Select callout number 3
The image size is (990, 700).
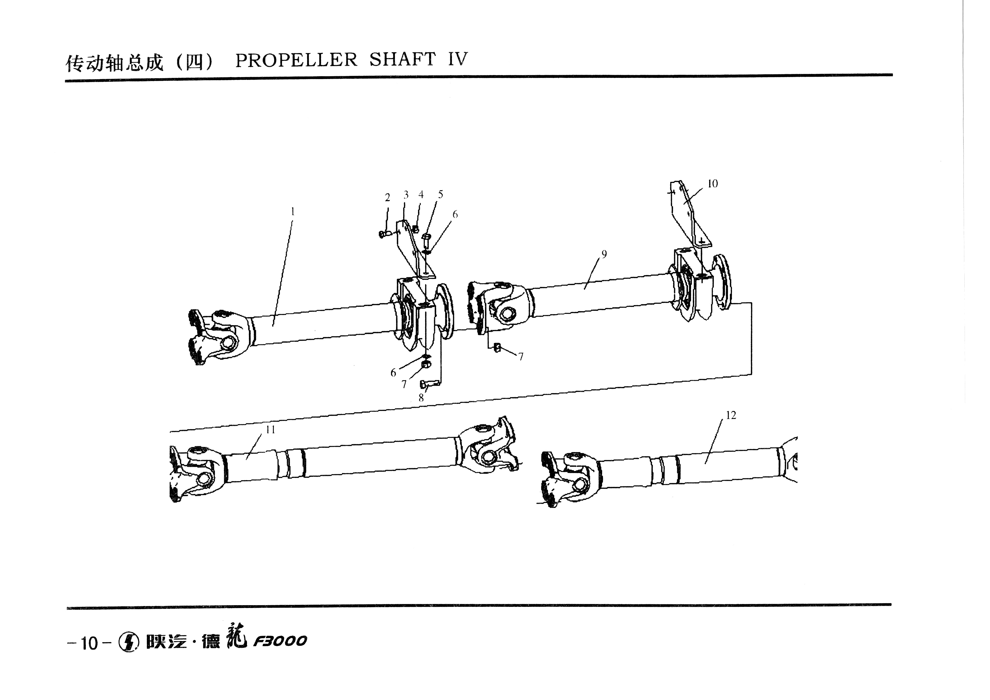pos(406,195)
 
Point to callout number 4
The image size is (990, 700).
pos(421,194)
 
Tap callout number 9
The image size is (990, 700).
pos(604,254)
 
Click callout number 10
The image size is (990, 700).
pos(713,184)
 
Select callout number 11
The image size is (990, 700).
pos(270,430)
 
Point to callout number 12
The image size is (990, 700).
pos(731,415)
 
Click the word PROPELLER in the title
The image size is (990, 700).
pos(296,60)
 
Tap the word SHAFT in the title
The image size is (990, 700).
pos(402,60)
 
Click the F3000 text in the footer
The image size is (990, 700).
pos(280,641)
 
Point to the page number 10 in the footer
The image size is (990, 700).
pos(89,644)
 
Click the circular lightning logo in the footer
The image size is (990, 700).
pos(128,642)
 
